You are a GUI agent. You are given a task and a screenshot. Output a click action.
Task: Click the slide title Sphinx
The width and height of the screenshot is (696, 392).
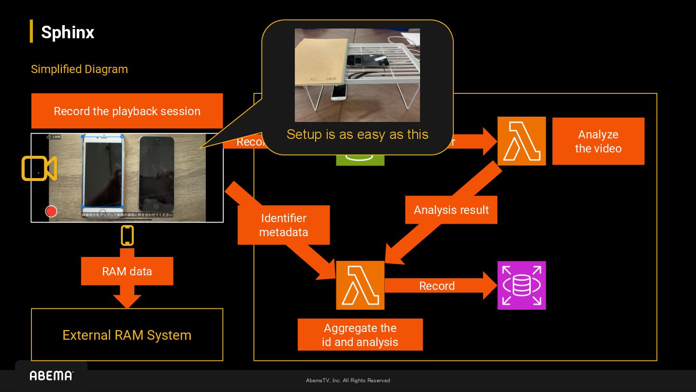[67, 32]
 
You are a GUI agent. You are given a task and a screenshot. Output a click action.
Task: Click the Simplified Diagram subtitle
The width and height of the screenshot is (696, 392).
[79, 69]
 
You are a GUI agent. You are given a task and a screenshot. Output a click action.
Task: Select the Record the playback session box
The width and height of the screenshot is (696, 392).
[127, 111]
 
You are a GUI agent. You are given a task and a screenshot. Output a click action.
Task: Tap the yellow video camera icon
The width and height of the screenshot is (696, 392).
[39, 168]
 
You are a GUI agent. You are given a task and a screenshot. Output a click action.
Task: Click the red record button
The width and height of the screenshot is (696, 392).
[51, 211]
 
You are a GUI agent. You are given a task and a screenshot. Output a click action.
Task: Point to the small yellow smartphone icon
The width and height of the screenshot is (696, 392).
[127, 236]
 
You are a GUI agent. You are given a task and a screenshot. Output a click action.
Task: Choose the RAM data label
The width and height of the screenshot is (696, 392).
[127, 271]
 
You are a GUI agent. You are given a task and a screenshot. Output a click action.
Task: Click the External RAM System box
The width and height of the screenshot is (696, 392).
[127, 335]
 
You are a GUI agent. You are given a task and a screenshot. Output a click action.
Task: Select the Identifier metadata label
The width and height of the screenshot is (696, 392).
[284, 225]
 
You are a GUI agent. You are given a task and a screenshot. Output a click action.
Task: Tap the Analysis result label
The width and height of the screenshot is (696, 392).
[451, 210]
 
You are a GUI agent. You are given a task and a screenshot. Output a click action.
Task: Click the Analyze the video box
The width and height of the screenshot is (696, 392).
[598, 141]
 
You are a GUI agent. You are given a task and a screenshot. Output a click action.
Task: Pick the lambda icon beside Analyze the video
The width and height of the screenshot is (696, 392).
[522, 141]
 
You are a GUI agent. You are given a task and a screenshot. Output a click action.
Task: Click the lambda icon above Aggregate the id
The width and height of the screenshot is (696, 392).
[360, 285]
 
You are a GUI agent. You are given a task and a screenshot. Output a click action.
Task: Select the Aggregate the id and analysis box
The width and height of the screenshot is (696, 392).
[360, 335]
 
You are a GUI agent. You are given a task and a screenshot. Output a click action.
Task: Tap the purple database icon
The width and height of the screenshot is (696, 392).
[522, 286]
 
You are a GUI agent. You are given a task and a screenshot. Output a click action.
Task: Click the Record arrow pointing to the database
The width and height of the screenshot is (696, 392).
[437, 286]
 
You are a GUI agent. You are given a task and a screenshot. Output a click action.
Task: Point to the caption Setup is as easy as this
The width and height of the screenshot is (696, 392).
[357, 134]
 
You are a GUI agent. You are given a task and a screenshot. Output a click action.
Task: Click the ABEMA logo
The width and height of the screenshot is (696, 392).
[51, 376]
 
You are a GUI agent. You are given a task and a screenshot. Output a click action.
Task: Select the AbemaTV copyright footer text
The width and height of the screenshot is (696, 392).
[348, 380]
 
